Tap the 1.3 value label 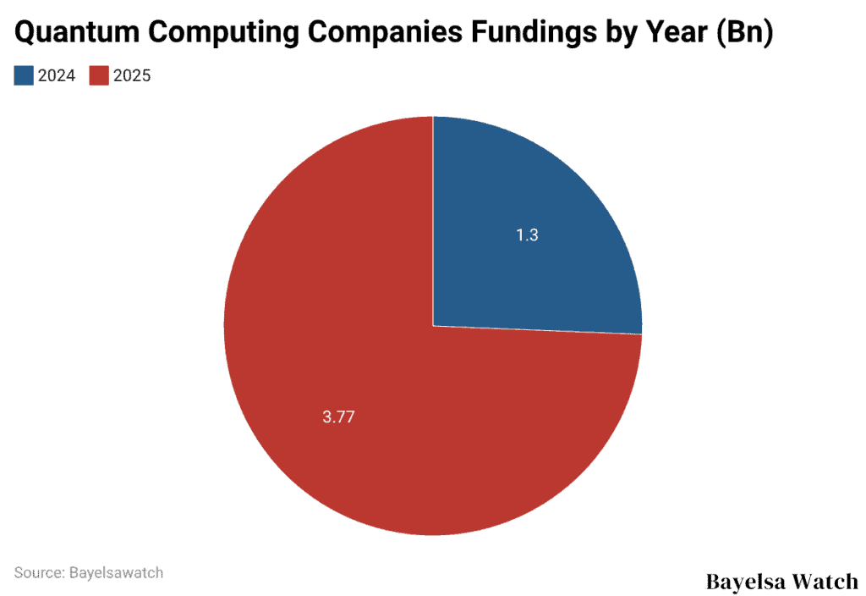(527, 235)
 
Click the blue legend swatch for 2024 (24, 75)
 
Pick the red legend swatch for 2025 (99, 75)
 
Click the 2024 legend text (57, 76)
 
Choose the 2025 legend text (132, 76)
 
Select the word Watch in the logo (827, 582)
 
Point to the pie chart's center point (433, 326)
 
